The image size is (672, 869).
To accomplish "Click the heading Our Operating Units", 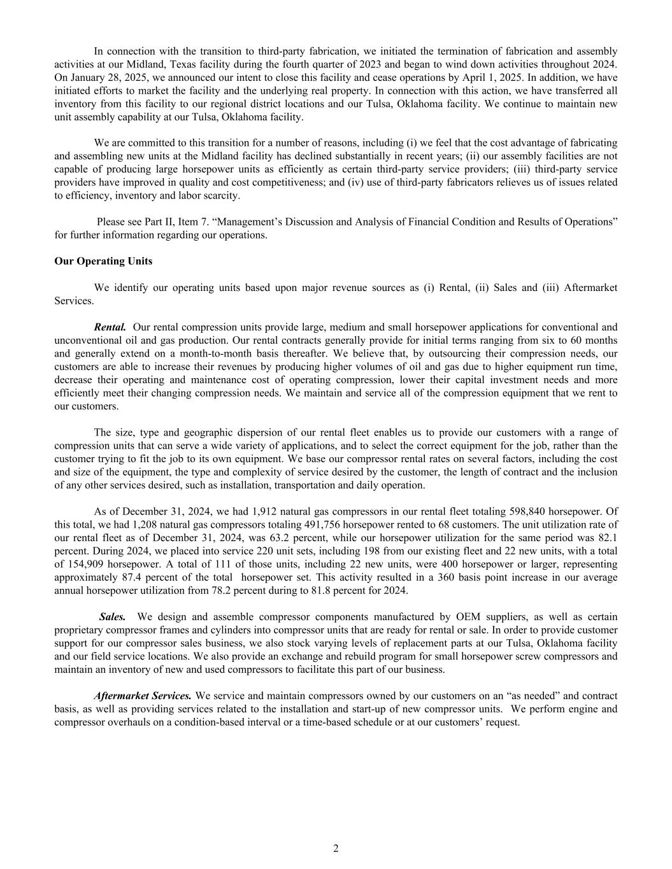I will (103, 261).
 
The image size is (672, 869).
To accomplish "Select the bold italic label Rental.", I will (110, 327).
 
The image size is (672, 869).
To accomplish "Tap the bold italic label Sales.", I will (113, 617).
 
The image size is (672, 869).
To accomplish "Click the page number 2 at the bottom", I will (336, 848).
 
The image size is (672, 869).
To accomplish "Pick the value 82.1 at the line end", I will (608, 538).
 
